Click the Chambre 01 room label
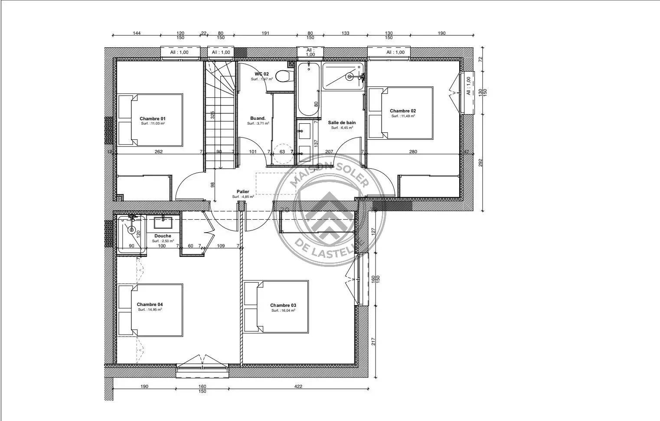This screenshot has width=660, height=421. [x=153, y=118]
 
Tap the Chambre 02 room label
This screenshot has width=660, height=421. [x=402, y=111]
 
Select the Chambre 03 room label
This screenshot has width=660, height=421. [x=283, y=306]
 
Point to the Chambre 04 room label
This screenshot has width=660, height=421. [x=150, y=305]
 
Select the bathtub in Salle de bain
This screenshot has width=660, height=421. [x=309, y=89]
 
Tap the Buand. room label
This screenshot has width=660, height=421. [x=258, y=118]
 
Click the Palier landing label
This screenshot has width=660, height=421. [x=243, y=191]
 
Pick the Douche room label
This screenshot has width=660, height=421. [x=163, y=236]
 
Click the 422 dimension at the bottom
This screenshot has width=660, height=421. [x=298, y=386]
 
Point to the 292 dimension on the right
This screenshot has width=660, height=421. [x=480, y=162]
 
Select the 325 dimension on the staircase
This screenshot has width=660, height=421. [x=212, y=115]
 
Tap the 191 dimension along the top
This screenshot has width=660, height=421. [x=265, y=33]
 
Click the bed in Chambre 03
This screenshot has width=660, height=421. [x=276, y=306]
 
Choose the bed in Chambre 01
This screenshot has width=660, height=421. [x=150, y=120]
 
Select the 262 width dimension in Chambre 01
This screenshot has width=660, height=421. [x=159, y=151]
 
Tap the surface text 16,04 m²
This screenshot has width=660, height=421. [x=283, y=311]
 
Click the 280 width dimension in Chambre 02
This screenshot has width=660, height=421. [x=413, y=151]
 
